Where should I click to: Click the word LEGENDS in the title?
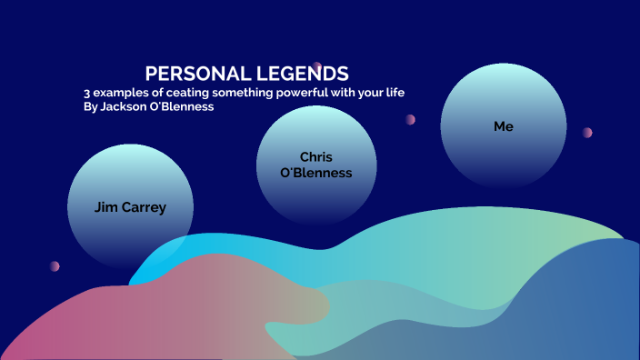pos(301,74)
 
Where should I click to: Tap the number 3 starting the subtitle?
pos(86,93)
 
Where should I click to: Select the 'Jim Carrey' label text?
pos(130,207)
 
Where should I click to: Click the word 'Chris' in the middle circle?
pos(316,156)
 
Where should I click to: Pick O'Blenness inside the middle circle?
pos(316,173)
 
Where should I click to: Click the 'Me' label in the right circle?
pos(503,126)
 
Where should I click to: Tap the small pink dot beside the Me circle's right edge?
pos(587,133)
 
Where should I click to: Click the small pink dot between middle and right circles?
pos(411,119)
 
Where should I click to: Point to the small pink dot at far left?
pos(55,266)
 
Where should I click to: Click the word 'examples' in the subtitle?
pos(122,93)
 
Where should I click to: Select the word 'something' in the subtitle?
pos(242,93)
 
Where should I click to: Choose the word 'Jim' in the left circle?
pos(105,207)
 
